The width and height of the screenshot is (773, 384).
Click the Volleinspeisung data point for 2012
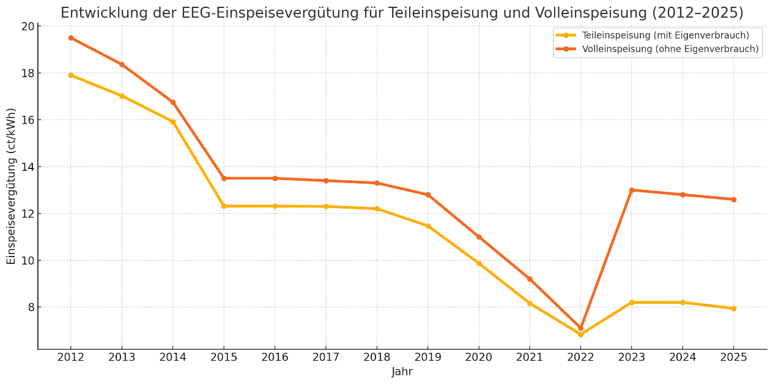71,38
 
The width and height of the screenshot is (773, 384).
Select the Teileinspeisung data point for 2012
71,75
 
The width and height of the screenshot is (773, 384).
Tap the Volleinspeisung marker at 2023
632,190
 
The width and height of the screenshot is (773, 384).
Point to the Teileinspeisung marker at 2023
632,303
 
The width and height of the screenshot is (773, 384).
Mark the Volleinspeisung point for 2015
224,178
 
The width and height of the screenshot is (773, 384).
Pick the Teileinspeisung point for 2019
427,226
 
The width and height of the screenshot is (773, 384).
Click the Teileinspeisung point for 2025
733,309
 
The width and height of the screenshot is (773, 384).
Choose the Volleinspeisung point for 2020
479,237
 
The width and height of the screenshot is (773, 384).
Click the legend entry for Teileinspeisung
665,36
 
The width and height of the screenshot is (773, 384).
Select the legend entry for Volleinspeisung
670,49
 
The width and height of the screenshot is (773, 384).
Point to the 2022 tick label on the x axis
580,358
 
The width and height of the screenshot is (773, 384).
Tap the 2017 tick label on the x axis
325,358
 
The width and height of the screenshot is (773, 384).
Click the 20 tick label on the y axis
28,26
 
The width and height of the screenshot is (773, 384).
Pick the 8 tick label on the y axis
31,307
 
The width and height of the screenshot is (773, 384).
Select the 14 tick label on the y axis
28,167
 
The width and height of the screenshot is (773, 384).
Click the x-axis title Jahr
402,372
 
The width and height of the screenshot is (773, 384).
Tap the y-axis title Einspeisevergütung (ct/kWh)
12,186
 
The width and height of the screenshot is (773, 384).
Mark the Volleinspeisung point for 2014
173,102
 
